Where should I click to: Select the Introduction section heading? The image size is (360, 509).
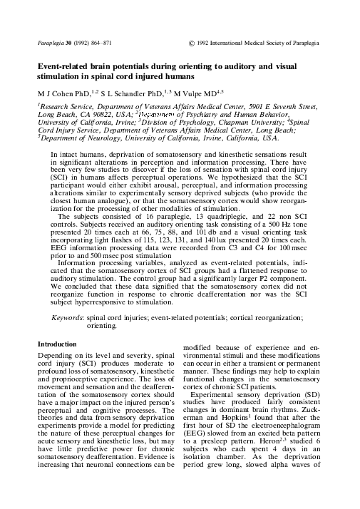(58, 344)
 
